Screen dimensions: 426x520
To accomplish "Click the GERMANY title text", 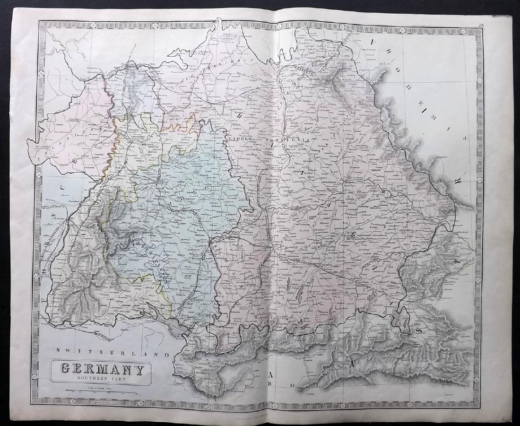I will click(101, 368).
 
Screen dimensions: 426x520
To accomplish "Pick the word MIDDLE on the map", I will click(238, 139).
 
